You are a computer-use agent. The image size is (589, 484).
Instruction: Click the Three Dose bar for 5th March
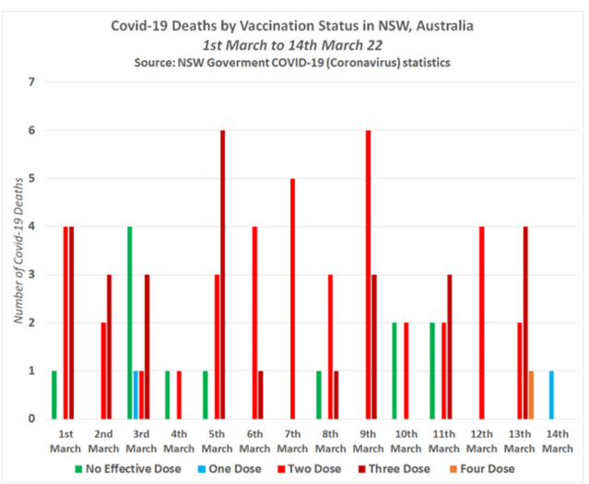coord(223,275)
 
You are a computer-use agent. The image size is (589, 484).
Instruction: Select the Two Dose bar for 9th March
coord(369,275)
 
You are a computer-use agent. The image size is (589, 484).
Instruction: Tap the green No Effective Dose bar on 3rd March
coord(129,323)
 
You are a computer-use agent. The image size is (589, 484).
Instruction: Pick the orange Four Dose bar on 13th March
coord(531,395)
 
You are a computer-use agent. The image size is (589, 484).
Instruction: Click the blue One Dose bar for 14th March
coord(551,395)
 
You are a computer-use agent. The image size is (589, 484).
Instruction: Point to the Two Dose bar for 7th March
coord(292,299)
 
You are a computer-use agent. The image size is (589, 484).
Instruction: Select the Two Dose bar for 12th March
coord(482,323)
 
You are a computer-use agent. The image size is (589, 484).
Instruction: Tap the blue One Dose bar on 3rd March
coord(135,395)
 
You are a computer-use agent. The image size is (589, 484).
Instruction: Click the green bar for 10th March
coord(394,371)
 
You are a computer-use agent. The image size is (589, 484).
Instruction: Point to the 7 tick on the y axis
coord(32,82)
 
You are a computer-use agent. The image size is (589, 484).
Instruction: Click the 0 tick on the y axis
coord(32,419)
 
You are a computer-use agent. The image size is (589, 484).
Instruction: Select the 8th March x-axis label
coord(331,442)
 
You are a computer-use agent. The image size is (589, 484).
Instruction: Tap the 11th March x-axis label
coord(444,442)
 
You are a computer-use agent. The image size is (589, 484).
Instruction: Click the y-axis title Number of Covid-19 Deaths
coord(18,251)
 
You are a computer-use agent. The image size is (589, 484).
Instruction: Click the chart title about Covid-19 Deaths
coord(296,25)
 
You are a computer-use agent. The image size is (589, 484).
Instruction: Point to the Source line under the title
coord(296,61)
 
